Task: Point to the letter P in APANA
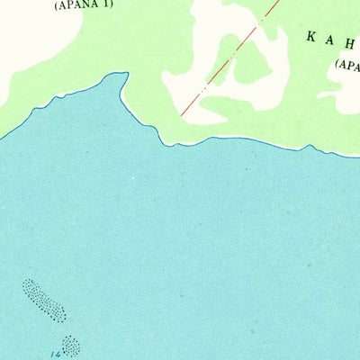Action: tap(70, 4)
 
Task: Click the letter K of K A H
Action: tap(311, 37)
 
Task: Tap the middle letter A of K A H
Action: tap(331, 37)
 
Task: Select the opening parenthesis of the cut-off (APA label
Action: tap(337, 64)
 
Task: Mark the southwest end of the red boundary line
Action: tap(182, 115)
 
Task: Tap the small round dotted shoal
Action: tap(70, 344)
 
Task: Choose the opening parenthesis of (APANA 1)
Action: tap(57, 4)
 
